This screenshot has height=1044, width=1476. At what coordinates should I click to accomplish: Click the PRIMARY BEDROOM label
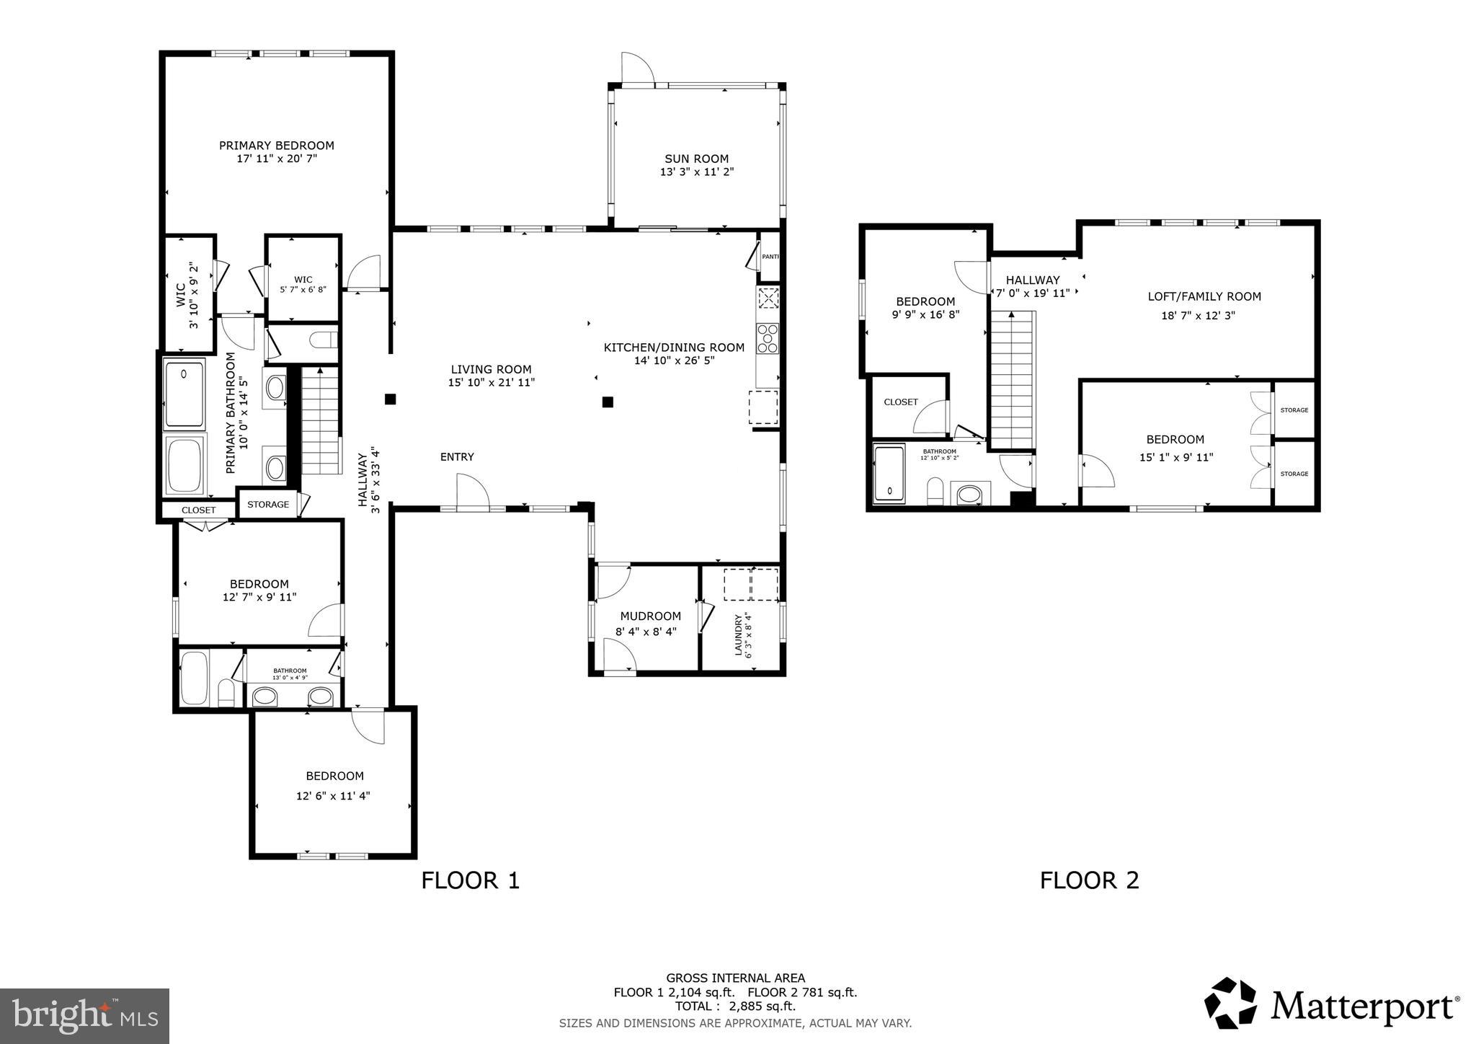point(276,146)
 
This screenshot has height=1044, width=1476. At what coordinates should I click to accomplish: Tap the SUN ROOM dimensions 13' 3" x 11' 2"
point(696,172)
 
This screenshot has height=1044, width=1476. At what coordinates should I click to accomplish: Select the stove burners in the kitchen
point(768,338)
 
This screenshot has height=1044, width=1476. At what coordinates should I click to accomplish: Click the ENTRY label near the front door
point(457,457)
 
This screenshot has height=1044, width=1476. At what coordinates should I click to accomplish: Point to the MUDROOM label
point(650,616)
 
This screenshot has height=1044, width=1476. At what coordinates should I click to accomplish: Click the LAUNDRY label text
point(738,635)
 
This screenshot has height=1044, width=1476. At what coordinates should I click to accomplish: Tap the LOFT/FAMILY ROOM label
point(1204,296)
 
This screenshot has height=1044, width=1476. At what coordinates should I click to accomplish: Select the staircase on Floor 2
point(1013,380)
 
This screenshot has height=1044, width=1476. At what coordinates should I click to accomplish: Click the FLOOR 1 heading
point(470,880)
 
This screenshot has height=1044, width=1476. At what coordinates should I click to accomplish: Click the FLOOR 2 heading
point(1089,880)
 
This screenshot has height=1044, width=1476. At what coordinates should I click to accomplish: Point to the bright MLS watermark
point(84,1016)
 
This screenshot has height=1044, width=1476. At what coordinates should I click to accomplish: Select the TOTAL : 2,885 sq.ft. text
point(734,1007)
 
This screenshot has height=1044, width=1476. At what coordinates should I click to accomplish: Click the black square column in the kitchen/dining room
point(608,402)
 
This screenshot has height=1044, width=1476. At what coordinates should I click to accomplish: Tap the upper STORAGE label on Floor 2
point(1294,410)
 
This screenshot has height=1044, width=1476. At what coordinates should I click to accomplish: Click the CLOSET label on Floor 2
point(900,402)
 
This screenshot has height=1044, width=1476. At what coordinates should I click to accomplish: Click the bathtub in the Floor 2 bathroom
point(889,474)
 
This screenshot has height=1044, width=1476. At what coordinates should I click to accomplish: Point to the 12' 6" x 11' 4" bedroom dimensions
point(334,796)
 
